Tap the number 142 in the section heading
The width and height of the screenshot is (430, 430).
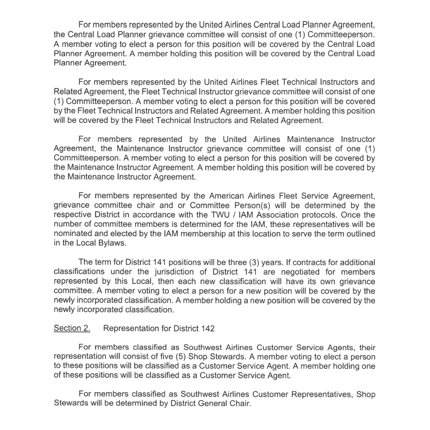point(208,329)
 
